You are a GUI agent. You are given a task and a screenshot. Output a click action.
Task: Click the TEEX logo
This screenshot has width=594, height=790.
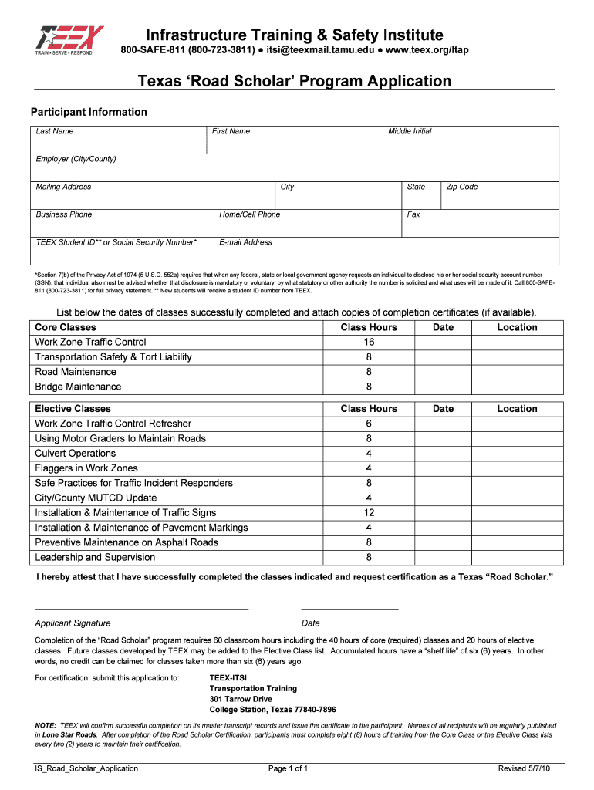tap(68, 42)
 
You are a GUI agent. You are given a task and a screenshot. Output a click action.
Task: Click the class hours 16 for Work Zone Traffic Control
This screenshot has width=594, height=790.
tap(369, 343)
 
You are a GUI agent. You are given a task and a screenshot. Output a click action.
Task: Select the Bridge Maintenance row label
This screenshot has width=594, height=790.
tap(78, 387)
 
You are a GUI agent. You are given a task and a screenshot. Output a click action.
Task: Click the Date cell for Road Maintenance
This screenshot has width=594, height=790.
tap(443, 372)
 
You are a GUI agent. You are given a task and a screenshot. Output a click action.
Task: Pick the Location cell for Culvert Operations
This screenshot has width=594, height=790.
tap(516, 454)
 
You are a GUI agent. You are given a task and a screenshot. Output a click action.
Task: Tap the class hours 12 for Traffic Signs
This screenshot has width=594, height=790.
tap(369, 513)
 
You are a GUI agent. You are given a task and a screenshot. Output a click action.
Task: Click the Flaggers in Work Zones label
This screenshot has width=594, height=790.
tap(86, 468)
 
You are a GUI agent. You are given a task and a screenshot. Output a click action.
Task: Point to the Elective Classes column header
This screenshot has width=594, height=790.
tap(73, 409)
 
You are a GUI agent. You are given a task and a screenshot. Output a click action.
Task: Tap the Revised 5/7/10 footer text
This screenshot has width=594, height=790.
tap(524, 768)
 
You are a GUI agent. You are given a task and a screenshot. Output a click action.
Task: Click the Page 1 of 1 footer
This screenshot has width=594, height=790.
tap(288, 768)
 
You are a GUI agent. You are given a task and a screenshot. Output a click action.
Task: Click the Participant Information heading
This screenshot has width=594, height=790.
tap(88, 112)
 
